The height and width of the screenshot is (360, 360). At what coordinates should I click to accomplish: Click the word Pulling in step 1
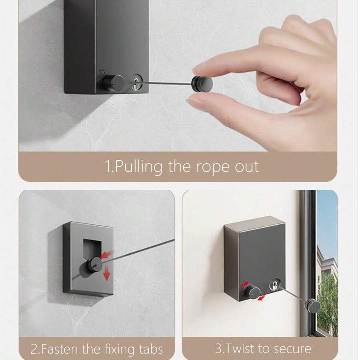(x=138, y=167)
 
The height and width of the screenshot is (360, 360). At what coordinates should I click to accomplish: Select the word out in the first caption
(x=247, y=167)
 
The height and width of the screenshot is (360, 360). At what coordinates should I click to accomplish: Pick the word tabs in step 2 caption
(x=151, y=349)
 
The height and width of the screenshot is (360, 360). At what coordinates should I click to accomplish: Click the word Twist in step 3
(x=240, y=348)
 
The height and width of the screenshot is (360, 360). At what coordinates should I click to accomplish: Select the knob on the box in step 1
(x=113, y=82)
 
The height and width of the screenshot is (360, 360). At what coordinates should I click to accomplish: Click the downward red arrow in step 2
(x=106, y=274)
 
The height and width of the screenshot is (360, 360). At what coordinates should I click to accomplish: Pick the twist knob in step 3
(x=252, y=291)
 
